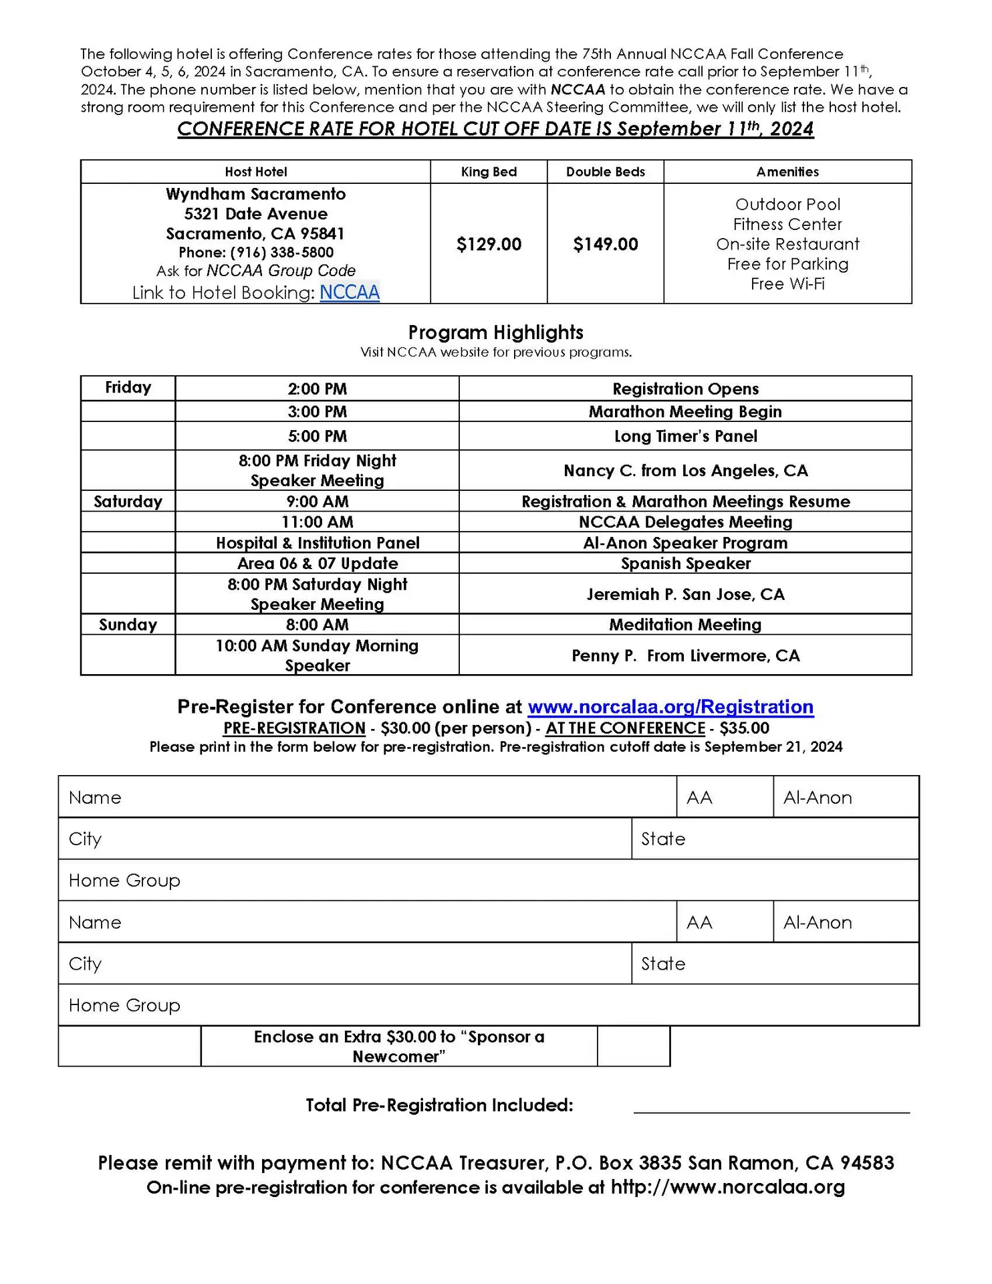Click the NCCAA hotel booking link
pos(349,292)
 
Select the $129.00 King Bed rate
pos(489,244)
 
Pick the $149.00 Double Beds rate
pos(605,244)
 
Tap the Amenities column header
pos(787,172)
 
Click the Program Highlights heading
pos(495,332)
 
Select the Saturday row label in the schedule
pos(128,502)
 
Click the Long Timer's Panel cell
pos(685,436)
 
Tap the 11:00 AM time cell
pos(317,522)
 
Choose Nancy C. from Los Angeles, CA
pos(685,470)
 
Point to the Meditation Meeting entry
pos(685,625)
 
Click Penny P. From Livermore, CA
pos(685,655)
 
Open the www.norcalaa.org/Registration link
pos(670,707)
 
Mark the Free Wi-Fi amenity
pos(787,284)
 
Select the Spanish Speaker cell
pos(685,563)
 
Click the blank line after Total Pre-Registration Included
pos(771,1106)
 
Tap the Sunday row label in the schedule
pos(128,625)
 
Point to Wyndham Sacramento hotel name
pos(255,194)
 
